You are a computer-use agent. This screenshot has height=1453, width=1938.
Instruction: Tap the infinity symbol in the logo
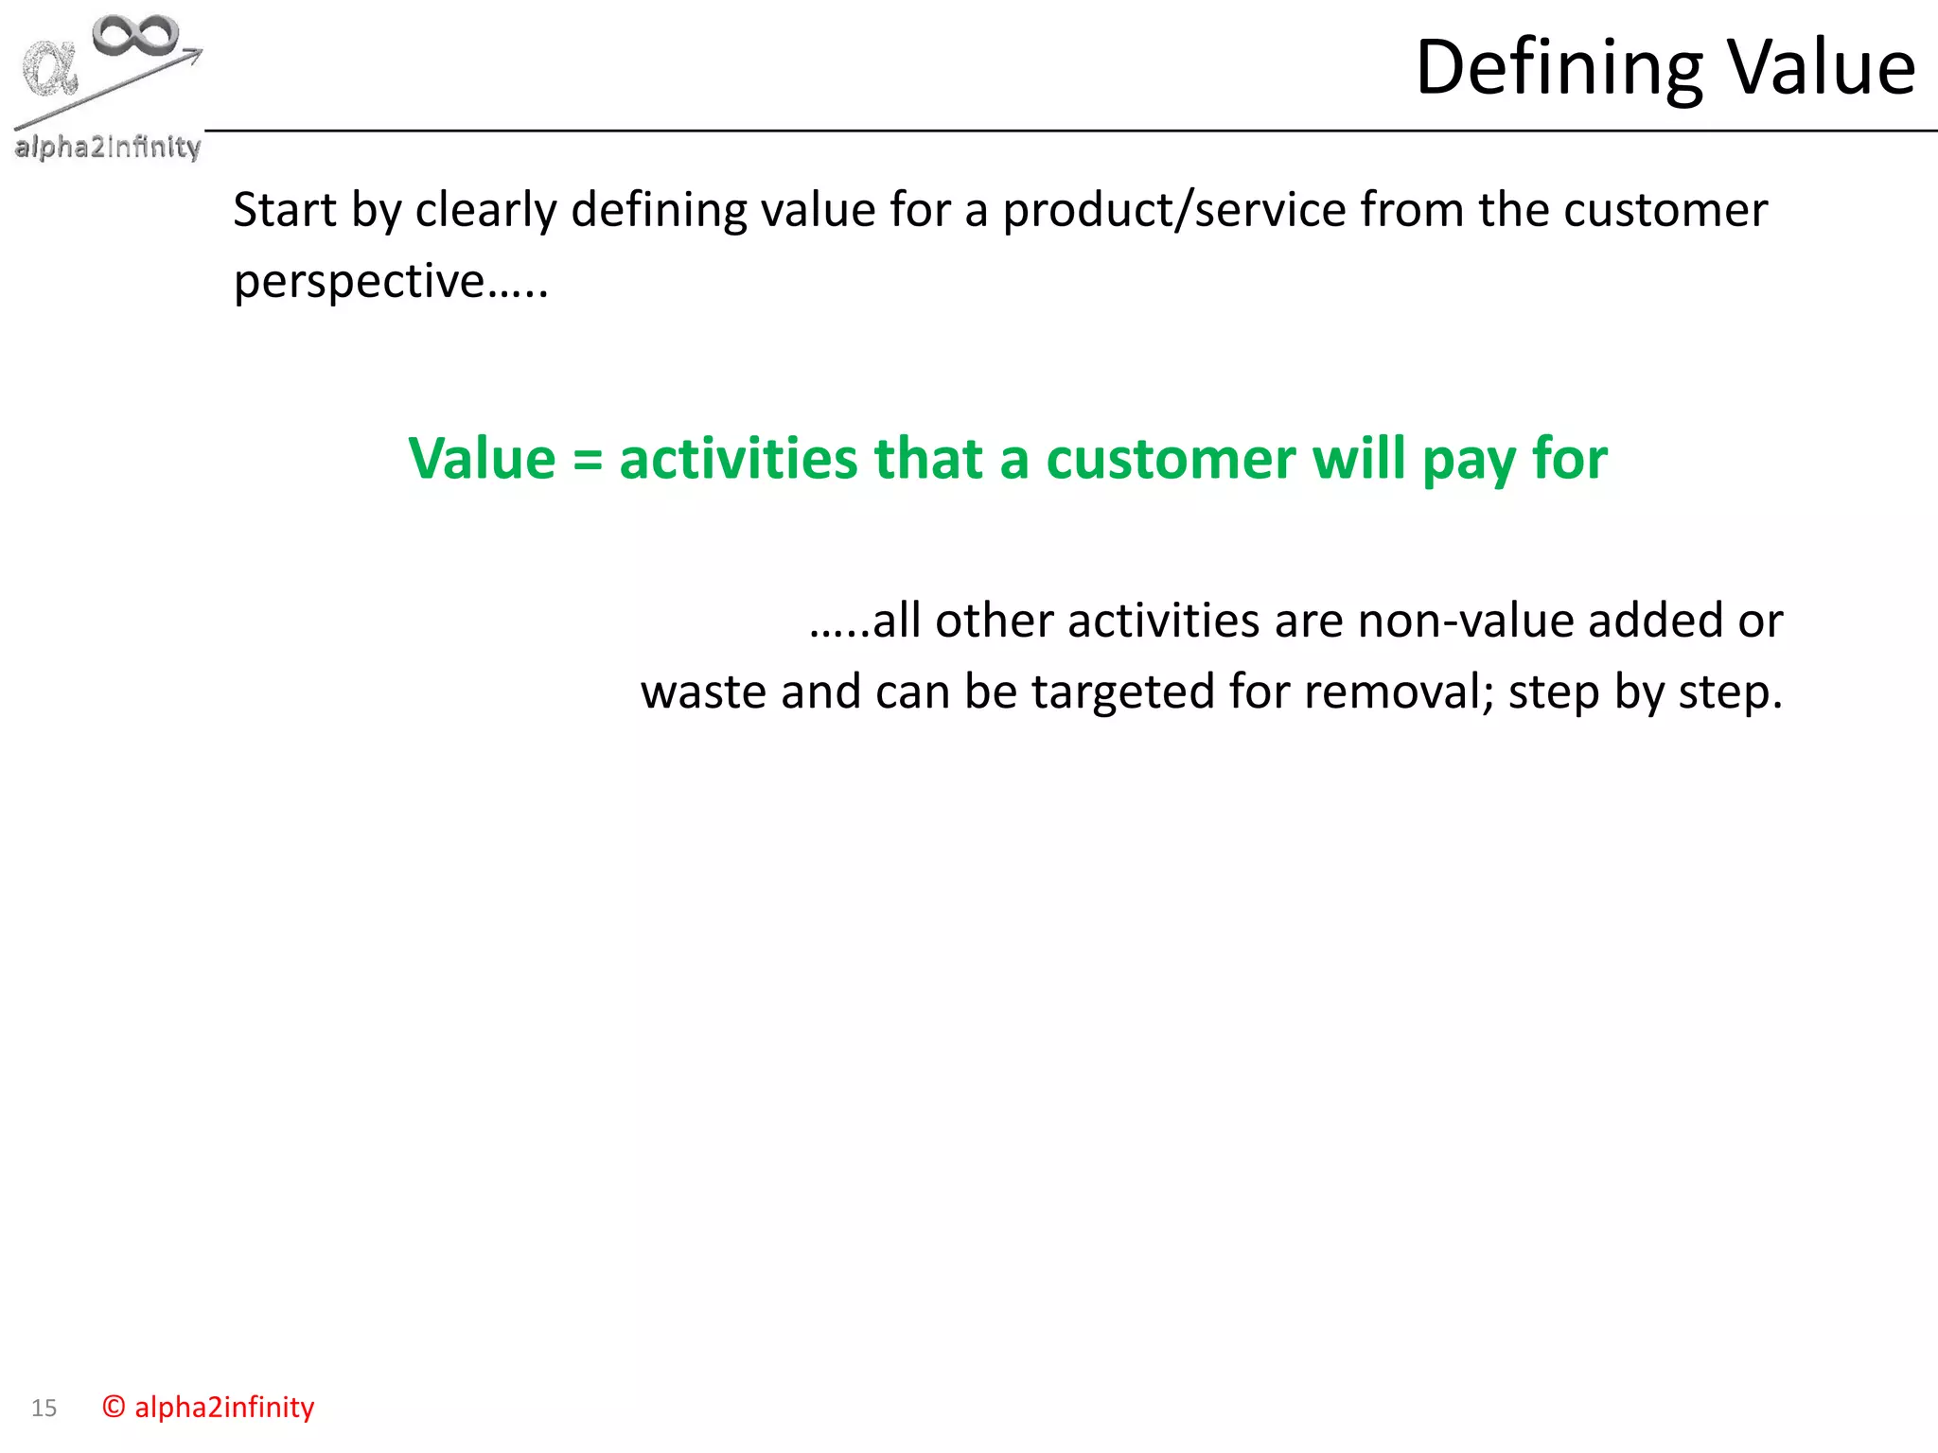[x=135, y=36]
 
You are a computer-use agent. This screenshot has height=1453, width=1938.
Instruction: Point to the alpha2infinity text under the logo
[x=107, y=147]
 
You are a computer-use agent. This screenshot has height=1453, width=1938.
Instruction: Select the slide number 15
[x=44, y=1408]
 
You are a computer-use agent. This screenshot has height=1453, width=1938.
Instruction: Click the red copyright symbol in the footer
[x=114, y=1407]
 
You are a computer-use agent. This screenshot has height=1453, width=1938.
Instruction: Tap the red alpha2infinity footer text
[x=224, y=1407]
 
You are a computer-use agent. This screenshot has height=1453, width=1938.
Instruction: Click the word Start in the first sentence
[x=285, y=209]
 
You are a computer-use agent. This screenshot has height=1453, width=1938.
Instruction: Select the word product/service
[x=1173, y=209]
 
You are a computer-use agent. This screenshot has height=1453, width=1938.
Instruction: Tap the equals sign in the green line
[x=588, y=460]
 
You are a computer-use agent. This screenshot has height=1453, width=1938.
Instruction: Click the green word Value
[x=482, y=459]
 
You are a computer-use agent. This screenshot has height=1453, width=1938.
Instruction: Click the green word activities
[x=738, y=459]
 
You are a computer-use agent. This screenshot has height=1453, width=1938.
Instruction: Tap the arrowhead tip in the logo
[x=200, y=52]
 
